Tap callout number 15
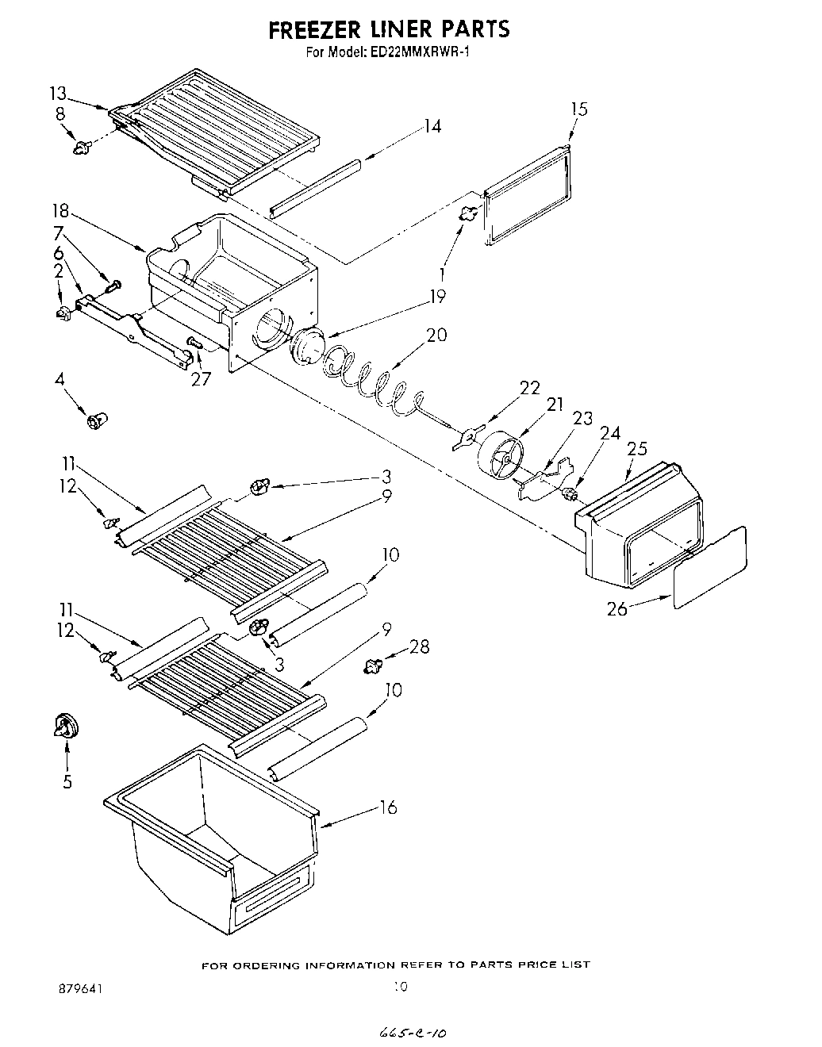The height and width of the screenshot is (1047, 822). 579,109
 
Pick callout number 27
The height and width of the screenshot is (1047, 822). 202,378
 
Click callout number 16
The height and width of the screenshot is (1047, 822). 388,808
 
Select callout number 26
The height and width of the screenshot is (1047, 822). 617,608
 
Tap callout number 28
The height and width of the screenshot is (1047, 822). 419,646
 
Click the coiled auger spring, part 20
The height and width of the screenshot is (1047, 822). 373,377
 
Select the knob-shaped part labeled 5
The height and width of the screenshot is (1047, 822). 67,727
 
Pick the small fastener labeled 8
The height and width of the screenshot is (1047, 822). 81,147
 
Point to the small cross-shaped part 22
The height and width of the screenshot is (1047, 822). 469,436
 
